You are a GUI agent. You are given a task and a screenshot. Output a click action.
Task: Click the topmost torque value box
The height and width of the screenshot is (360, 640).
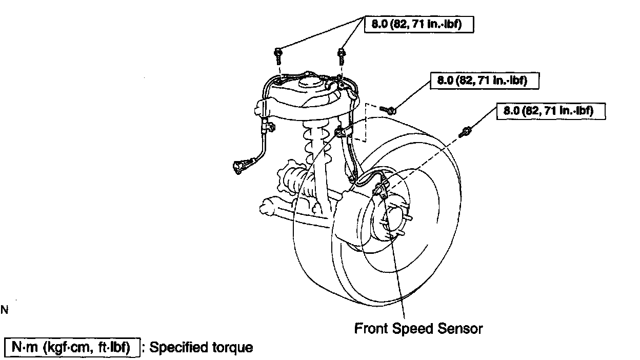[x=418, y=25]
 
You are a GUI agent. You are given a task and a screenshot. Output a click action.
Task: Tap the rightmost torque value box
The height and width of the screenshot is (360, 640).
[x=551, y=111]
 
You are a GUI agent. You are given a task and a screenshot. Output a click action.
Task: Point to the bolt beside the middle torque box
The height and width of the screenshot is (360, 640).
[x=389, y=109]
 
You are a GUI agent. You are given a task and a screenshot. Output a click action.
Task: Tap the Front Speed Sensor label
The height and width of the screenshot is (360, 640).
[x=418, y=328]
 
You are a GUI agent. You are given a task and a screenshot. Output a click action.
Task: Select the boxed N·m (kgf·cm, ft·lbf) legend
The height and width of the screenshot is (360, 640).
[x=72, y=348]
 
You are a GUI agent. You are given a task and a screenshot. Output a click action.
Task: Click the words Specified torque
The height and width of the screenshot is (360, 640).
[x=202, y=348]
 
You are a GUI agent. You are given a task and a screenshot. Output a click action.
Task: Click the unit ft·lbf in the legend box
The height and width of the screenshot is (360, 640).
[x=122, y=348]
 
